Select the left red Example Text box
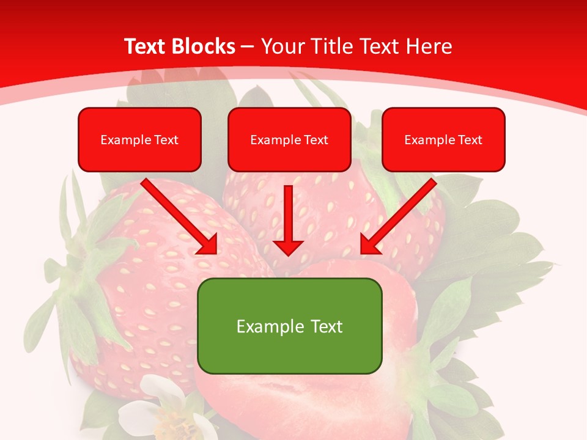(x=139, y=139)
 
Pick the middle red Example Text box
(x=289, y=139)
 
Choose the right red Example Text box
(x=443, y=139)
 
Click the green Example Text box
(x=289, y=326)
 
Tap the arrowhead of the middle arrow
(x=288, y=247)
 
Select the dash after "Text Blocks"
(x=248, y=47)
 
